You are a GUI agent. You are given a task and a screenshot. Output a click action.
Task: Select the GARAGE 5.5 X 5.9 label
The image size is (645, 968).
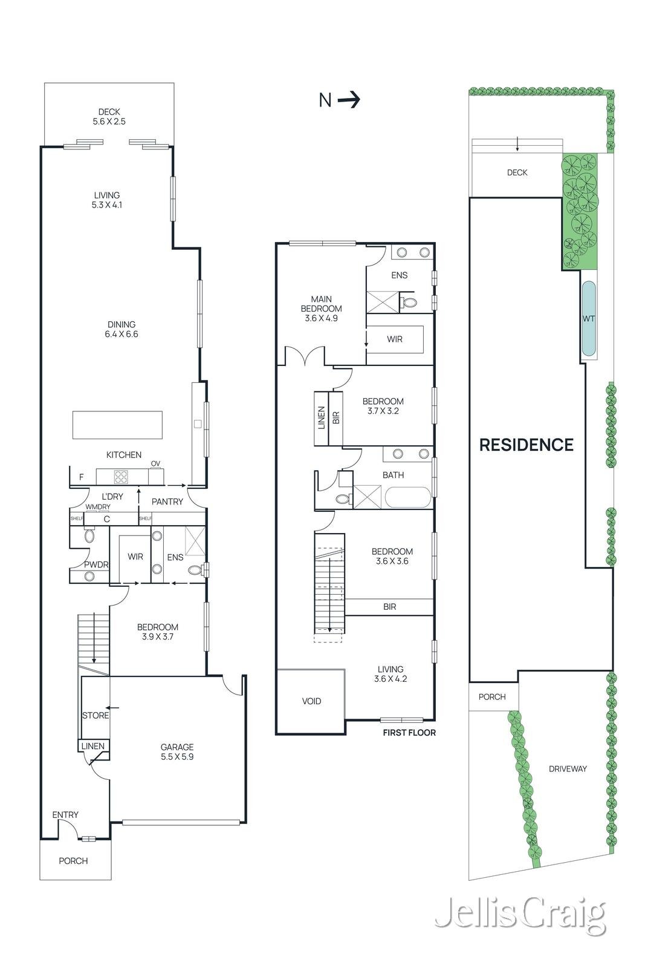coord(177,751)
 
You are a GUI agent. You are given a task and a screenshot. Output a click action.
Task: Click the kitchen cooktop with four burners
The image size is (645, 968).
coord(122,476)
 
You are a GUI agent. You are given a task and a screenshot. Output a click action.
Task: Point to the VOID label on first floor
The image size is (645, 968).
coord(311,701)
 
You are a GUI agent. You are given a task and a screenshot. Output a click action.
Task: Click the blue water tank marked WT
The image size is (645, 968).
coord(588,318)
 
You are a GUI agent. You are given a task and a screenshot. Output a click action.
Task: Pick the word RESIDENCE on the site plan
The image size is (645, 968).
coord(527,444)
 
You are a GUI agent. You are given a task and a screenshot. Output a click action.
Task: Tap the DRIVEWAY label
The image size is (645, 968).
coord(567,768)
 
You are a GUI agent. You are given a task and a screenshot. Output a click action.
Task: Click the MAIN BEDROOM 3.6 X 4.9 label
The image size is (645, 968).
coord(321,309)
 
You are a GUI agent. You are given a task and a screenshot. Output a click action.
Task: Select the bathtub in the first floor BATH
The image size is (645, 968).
coord(408,497)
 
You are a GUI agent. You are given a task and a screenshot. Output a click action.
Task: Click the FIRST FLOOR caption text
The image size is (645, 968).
coord(409,732)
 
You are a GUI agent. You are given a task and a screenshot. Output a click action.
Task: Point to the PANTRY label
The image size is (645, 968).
coord(167,502)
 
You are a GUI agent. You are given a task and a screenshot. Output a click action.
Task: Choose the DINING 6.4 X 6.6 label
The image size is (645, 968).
coord(122,329)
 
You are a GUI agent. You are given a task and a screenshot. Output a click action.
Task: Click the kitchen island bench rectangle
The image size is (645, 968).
coord(117,425)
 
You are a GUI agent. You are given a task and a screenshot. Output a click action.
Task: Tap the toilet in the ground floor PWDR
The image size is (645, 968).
coord(89,536)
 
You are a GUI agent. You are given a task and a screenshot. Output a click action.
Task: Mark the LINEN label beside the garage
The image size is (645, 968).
coord(92,745)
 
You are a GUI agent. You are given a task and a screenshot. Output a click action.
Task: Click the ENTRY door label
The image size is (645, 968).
coord(65,814)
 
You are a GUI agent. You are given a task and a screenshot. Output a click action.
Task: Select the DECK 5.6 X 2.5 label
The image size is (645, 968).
coord(109,117)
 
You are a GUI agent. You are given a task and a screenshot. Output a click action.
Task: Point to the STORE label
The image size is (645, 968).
coord(96,715)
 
